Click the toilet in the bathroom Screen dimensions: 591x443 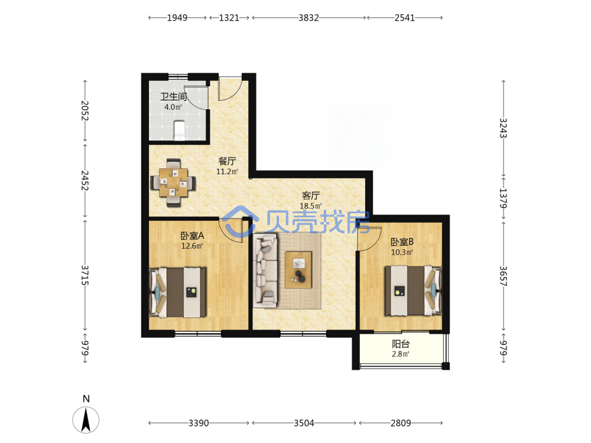(179, 131)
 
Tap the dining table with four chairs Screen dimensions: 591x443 (173, 183)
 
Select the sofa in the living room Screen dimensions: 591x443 (265, 270)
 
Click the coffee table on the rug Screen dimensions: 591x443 (298, 270)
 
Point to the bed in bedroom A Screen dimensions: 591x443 (178, 292)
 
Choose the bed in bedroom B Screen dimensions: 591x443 (413, 291)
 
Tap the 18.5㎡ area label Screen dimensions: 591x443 (311, 206)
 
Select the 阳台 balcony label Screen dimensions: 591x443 (401, 344)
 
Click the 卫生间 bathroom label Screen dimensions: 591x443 (173, 97)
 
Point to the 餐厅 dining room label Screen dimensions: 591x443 (228, 161)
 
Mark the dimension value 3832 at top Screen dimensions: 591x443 (309, 18)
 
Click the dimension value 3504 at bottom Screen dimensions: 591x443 (304, 423)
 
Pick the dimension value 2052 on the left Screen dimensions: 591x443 (85, 111)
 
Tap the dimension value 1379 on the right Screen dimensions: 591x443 (503, 198)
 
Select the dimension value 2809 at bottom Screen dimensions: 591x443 (401, 423)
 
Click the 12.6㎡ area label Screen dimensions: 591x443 (192, 246)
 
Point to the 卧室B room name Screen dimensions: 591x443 (402, 242)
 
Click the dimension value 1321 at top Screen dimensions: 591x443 (229, 18)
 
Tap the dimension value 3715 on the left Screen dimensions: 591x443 (85, 275)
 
